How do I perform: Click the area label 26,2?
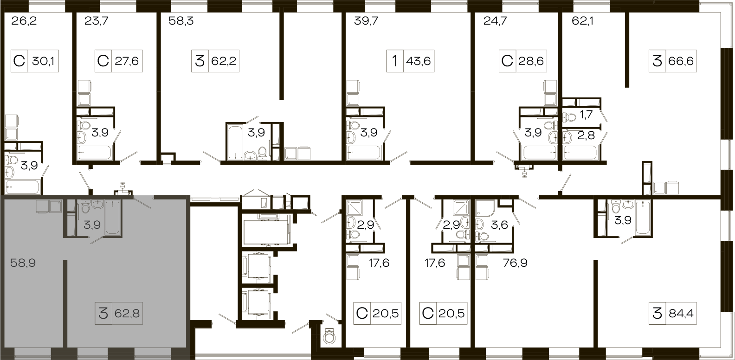pyautogui.click(x=24, y=21)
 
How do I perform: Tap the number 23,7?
pyautogui.click(x=96, y=21)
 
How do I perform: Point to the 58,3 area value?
pyautogui.click(x=181, y=21)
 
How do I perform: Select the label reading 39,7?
pyautogui.click(x=366, y=21)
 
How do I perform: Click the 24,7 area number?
pyautogui.click(x=495, y=21)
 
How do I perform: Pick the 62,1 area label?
pyautogui.click(x=582, y=21)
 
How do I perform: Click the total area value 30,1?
pyautogui.click(x=43, y=61)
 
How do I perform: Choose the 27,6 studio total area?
pyautogui.click(x=127, y=61)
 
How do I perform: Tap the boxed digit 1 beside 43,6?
pyautogui.click(x=395, y=61)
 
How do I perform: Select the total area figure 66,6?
pyautogui.click(x=681, y=61)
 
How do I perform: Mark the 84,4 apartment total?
pyautogui.click(x=681, y=314)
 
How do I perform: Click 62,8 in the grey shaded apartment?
pyautogui.click(x=127, y=314)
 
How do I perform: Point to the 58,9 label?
pyautogui.click(x=23, y=263)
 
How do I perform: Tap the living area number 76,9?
pyautogui.click(x=515, y=263)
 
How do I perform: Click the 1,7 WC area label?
pyautogui.click(x=587, y=115)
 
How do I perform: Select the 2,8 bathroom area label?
pyautogui.click(x=586, y=135)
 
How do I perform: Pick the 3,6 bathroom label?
pyautogui.click(x=499, y=225)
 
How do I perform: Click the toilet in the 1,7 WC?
pyautogui.click(x=569, y=117)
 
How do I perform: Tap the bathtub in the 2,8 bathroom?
pyautogui.click(x=580, y=153)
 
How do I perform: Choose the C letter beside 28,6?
pyautogui.click(x=507, y=61)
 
